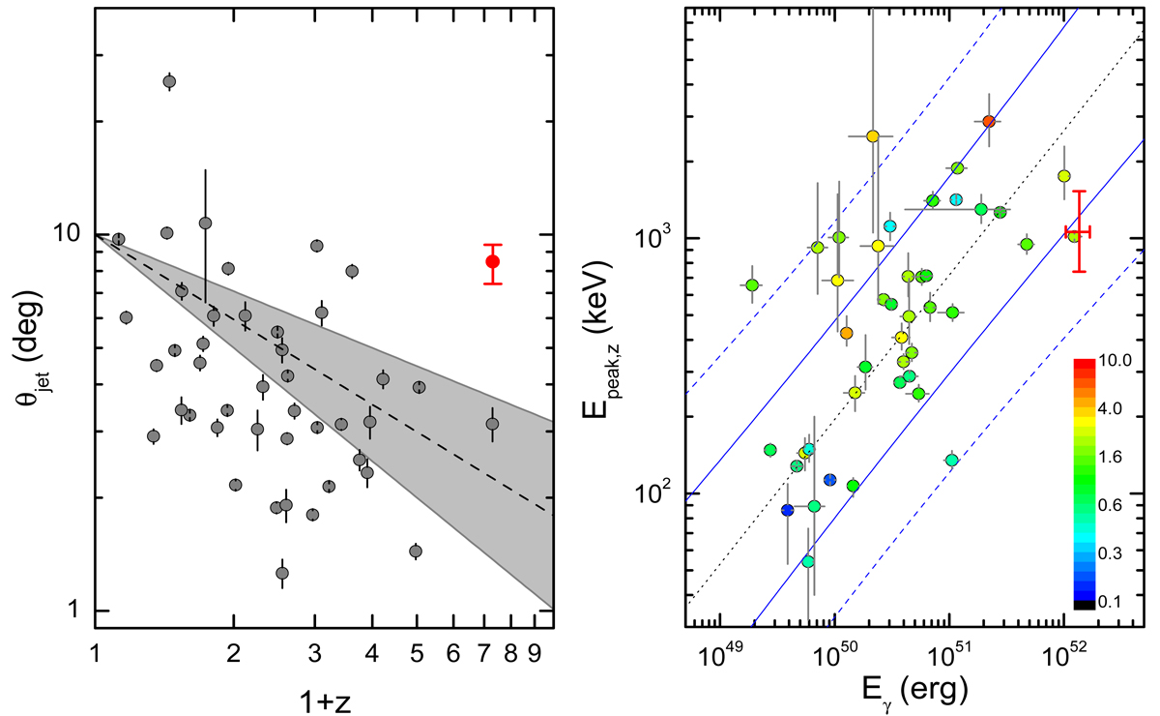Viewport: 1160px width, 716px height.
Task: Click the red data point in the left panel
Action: point(493,261)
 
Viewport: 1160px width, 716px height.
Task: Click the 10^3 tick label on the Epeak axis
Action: point(655,240)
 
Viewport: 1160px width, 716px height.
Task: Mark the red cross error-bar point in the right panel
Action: point(1079,231)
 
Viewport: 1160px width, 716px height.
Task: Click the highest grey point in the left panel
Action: point(169,81)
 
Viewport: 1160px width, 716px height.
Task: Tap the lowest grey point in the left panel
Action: point(282,573)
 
